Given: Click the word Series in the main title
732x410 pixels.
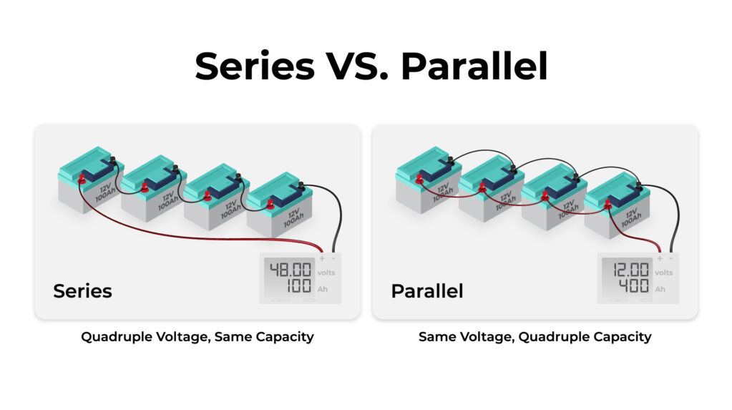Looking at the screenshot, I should (x=254, y=66).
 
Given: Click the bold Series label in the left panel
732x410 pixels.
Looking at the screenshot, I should (x=82, y=291).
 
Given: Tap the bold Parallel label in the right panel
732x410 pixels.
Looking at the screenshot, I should (x=427, y=291).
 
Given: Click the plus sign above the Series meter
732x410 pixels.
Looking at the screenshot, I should (x=321, y=258).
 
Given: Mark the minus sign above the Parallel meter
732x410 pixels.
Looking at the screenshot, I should (x=670, y=258).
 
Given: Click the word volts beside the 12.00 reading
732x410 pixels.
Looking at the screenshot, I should (x=663, y=273).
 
